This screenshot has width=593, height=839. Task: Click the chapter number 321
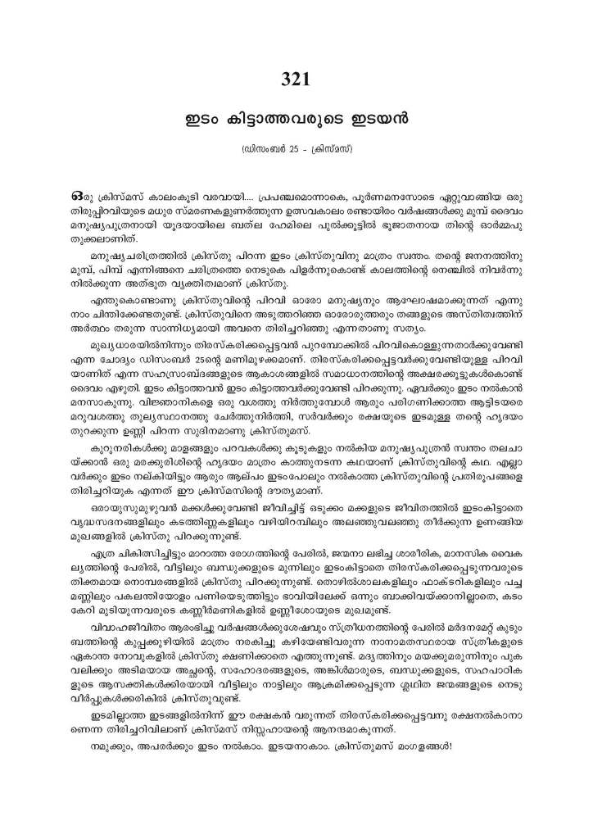coord(296,79)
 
